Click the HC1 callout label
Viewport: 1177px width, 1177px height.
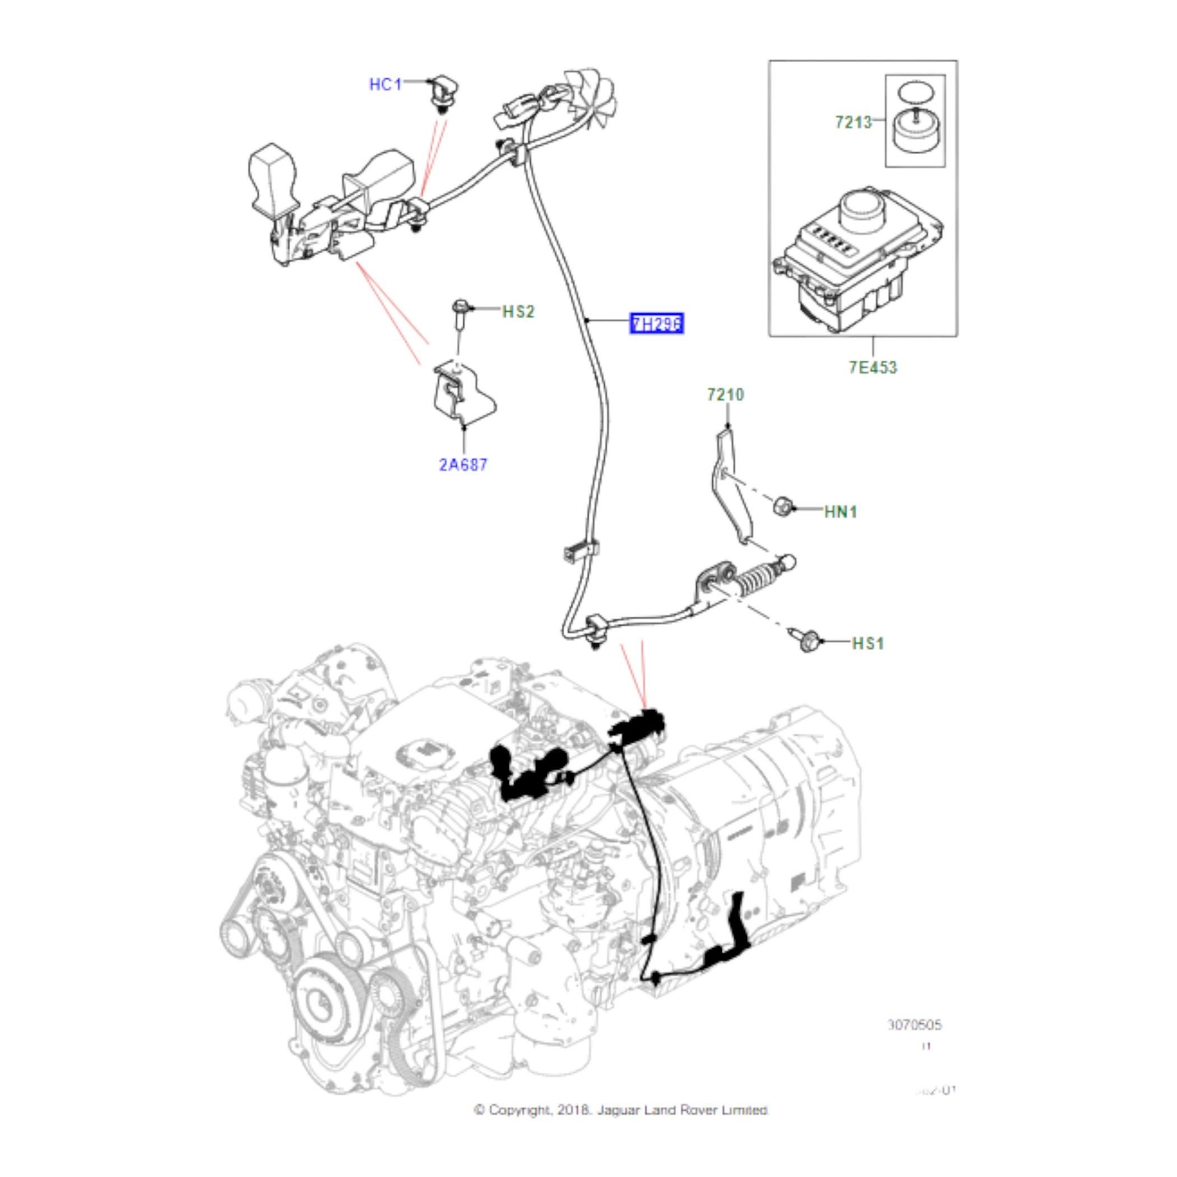click(385, 84)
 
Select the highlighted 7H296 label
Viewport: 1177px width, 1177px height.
click(656, 323)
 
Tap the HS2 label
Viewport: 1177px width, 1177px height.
click(518, 312)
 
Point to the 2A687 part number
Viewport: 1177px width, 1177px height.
click(463, 465)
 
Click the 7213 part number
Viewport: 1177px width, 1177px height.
click(853, 122)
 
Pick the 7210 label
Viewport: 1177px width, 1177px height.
click(725, 395)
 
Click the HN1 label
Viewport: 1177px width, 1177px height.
click(841, 512)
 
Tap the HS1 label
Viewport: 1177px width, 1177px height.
click(868, 643)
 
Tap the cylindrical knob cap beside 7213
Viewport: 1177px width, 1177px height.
click(915, 132)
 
